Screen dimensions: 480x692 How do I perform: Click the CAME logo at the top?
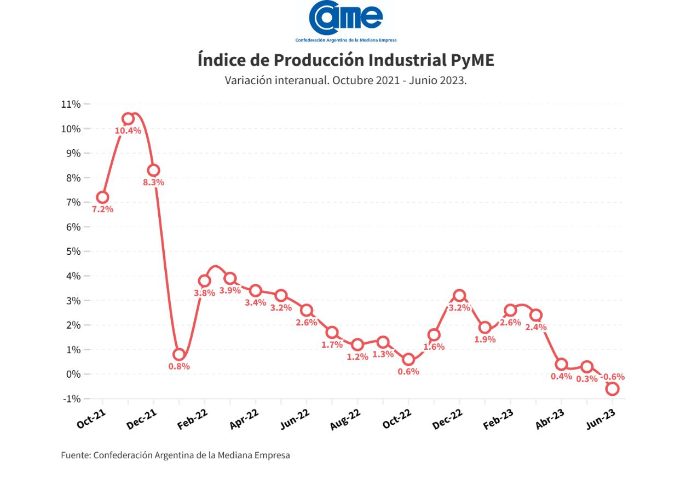point(345,21)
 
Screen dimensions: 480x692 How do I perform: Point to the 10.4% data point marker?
point(128,119)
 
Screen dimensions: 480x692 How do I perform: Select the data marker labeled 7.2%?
point(102,197)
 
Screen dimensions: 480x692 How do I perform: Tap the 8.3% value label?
point(153,183)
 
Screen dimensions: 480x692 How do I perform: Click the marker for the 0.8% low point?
point(179,354)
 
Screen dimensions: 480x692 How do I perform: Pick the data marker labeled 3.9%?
point(230,279)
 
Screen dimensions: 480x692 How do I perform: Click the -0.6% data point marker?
point(613,389)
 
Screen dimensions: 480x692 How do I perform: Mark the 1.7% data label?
point(332,345)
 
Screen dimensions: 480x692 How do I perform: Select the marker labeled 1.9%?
point(485,327)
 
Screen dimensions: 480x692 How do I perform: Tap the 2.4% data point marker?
point(536,315)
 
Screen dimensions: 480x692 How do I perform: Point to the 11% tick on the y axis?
point(71,104)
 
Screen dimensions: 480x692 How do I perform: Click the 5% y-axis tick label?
point(72,251)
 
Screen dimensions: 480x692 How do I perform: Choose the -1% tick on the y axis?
point(71,399)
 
